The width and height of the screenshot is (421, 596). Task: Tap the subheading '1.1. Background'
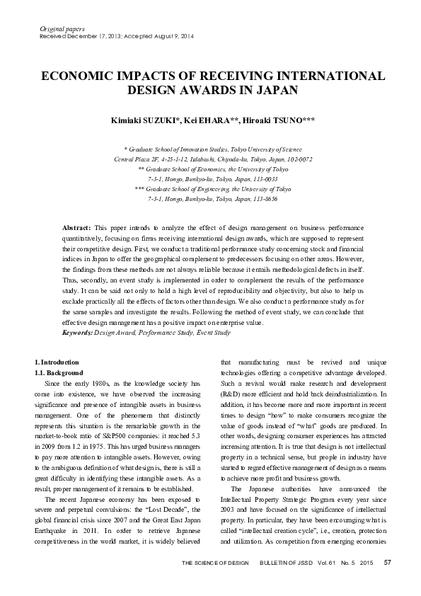pos(59,373)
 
